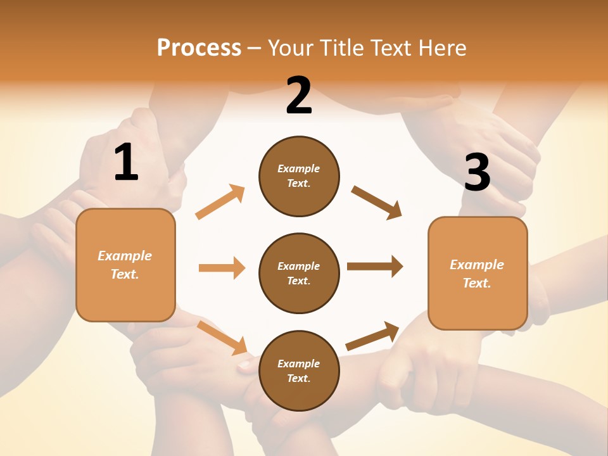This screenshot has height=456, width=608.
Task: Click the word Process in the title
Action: click(199, 48)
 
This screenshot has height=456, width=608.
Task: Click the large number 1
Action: click(126, 163)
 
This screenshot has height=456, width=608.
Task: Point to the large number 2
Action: click(299, 96)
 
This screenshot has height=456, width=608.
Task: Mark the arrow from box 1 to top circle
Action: click(220, 202)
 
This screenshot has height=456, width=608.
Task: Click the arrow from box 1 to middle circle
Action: click(222, 268)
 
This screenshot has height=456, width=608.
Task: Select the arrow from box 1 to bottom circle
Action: click(222, 337)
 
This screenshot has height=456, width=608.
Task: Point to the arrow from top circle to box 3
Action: click(376, 202)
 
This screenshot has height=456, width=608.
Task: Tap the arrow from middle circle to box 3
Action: click(375, 267)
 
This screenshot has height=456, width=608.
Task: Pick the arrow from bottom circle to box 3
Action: click(372, 336)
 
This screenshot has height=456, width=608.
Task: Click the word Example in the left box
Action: click(125, 256)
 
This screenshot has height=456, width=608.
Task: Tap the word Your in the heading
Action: click(291, 48)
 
